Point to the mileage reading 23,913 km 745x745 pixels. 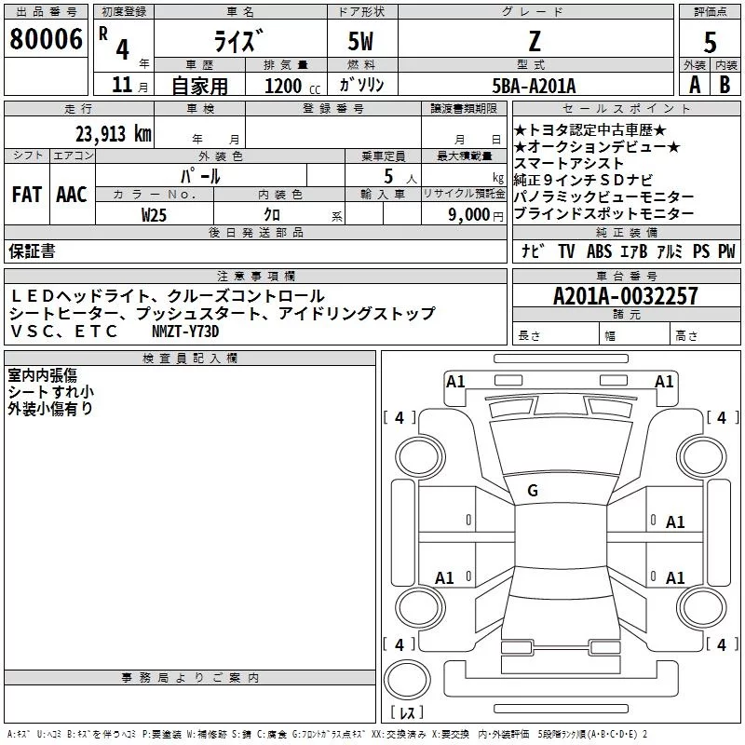point(113,134)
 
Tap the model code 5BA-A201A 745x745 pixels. point(534,86)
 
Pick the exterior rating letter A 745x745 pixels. point(694,85)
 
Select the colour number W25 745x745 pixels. point(155,214)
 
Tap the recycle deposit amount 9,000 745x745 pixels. point(470,214)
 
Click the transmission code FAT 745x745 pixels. point(27,195)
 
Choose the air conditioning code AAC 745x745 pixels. point(72,195)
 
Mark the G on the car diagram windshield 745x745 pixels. point(533,491)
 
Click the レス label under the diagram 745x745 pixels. point(406,714)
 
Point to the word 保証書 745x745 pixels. point(32,251)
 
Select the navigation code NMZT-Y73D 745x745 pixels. point(187,332)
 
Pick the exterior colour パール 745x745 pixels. point(199,176)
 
